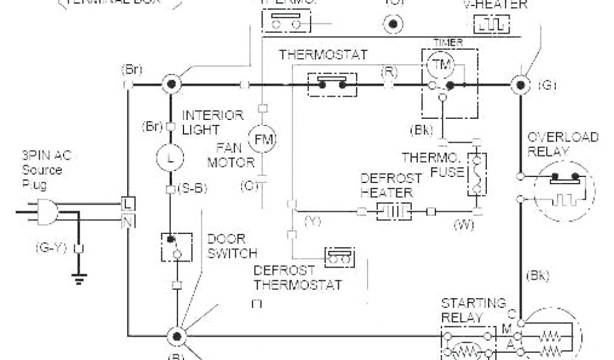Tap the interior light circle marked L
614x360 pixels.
169,159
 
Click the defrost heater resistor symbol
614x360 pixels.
394,211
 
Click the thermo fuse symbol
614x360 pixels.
477,173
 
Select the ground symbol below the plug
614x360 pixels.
79,277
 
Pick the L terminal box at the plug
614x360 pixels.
128,203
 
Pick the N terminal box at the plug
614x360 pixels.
128,222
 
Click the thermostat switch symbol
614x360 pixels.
332,85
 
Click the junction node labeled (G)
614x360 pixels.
519,85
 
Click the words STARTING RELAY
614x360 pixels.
473,310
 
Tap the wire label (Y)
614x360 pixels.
312,221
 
